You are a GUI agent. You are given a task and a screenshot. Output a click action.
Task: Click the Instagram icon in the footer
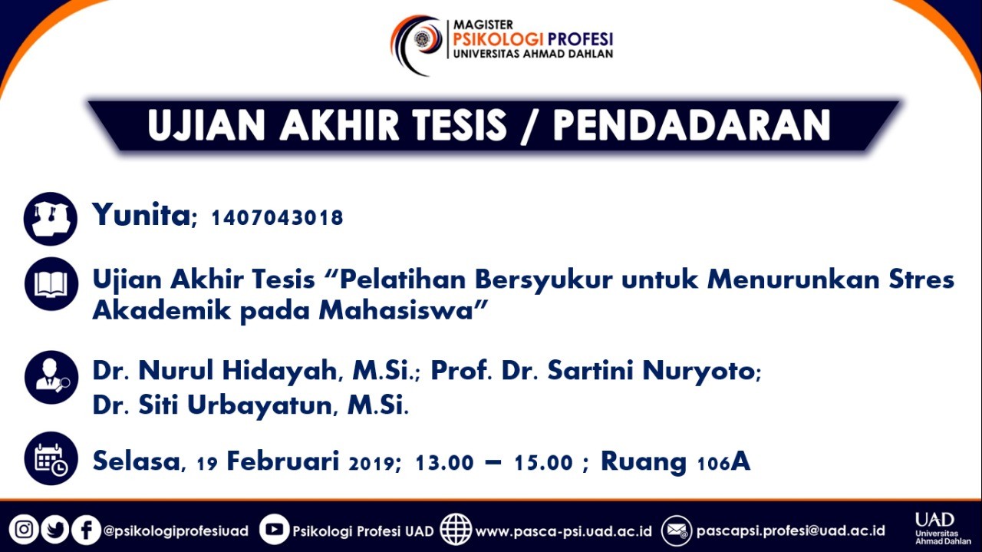(x=24, y=530)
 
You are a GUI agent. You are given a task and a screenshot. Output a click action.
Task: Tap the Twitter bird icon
(x=54, y=530)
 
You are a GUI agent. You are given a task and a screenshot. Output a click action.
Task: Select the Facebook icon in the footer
(x=86, y=530)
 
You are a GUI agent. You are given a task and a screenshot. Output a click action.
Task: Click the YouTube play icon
(x=274, y=529)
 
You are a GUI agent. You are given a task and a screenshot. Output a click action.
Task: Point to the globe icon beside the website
(x=456, y=529)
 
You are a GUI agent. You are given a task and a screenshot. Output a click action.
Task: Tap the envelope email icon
(x=677, y=531)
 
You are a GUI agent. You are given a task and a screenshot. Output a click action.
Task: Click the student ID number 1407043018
(x=277, y=218)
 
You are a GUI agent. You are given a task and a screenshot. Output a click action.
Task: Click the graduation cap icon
(x=51, y=219)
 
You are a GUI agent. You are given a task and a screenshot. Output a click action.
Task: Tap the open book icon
(x=51, y=284)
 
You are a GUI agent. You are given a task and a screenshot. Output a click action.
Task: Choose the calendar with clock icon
(x=51, y=458)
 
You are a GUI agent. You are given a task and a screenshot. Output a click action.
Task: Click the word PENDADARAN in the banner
(x=692, y=125)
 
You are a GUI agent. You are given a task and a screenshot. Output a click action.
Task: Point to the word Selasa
(x=137, y=461)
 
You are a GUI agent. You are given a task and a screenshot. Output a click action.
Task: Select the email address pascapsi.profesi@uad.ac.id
(x=790, y=531)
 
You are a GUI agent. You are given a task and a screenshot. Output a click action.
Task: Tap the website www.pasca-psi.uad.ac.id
(x=564, y=531)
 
